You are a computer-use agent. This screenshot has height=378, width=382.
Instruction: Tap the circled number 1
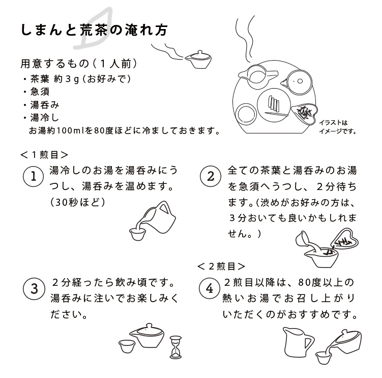click(x=34, y=177)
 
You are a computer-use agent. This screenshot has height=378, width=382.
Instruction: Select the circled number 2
click(x=211, y=177)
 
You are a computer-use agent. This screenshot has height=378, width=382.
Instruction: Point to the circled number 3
click(x=34, y=289)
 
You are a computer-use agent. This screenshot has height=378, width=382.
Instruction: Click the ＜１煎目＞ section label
click(x=45, y=154)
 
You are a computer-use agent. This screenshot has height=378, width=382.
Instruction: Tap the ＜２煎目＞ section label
click(x=221, y=266)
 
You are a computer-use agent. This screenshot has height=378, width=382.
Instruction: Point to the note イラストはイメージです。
click(x=337, y=126)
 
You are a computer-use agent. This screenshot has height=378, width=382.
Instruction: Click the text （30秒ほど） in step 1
click(x=77, y=202)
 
